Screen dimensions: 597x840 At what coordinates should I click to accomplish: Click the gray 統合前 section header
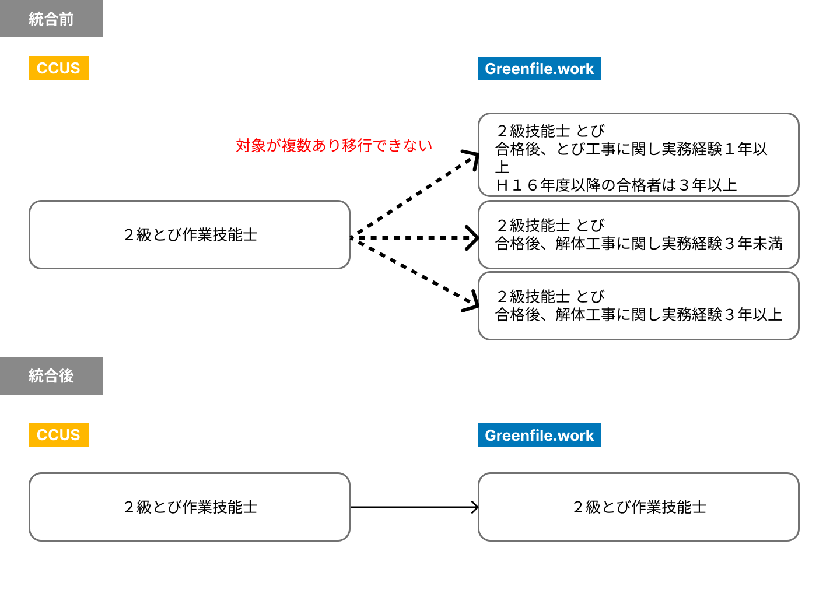(51, 19)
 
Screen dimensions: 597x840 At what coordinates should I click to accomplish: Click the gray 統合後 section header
(51, 376)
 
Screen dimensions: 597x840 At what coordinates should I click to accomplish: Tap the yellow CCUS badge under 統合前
(58, 68)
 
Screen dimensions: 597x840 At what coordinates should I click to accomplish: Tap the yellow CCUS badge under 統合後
(58, 435)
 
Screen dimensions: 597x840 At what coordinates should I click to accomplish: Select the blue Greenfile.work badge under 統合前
(539, 69)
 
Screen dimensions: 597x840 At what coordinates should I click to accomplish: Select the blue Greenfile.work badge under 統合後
(539, 436)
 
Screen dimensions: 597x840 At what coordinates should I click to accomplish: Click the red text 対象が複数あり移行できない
(334, 145)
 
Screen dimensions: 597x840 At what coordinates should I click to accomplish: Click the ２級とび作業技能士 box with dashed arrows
(190, 234)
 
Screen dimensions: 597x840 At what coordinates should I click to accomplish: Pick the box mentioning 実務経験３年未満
(638, 234)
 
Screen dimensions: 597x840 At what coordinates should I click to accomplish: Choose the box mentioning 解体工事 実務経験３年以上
(638, 305)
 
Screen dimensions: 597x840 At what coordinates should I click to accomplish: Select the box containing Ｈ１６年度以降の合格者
(638, 154)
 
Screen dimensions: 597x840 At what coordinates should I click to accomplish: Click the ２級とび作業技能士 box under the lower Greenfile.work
(638, 507)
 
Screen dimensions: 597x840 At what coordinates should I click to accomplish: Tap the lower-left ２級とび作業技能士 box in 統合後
(190, 507)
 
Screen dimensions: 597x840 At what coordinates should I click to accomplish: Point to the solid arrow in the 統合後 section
(414, 507)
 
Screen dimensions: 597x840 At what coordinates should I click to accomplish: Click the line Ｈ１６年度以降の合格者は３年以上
(616, 185)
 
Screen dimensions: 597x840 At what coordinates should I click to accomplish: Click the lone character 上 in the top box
(502, 167)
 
